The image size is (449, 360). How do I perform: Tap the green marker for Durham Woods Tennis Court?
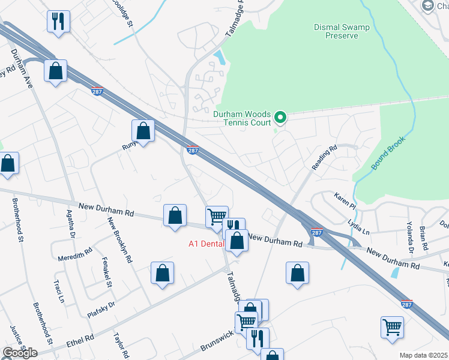[280, 116]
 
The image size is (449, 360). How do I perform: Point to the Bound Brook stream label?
[388, 154]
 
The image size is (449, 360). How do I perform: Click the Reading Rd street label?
[325, 157]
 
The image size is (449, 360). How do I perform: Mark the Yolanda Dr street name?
[411, 236]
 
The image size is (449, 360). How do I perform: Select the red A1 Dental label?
[206, 244]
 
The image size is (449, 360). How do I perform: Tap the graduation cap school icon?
[428, 6]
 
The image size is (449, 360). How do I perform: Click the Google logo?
[20, 353]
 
